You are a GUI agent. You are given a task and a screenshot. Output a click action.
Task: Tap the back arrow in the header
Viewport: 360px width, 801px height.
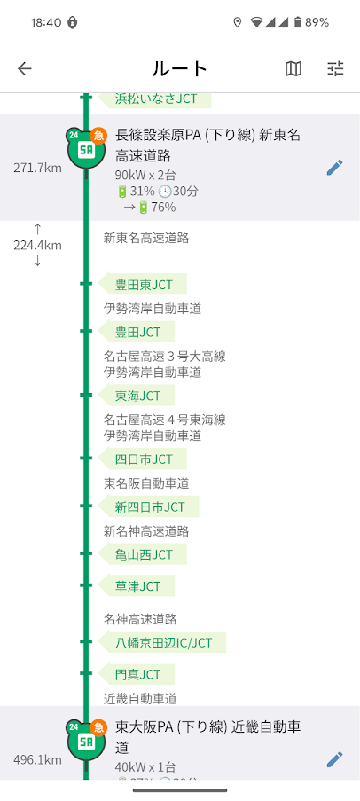click(x=25, y=68)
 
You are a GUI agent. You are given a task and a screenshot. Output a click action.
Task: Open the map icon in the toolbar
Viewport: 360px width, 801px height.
click(x=293, y=68)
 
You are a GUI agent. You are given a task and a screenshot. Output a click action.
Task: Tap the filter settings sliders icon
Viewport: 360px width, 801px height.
click(x=335, y=68)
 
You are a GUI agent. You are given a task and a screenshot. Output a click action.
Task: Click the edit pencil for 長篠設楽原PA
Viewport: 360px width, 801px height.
click(x=334, y=168)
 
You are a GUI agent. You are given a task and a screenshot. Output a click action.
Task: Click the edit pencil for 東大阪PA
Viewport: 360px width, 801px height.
click(x=334, y=758)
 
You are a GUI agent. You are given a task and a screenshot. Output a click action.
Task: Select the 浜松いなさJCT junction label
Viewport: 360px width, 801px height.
click(x=155, y=98)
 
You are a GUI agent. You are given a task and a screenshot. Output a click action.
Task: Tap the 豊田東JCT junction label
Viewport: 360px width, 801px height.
click(x=143, y=284)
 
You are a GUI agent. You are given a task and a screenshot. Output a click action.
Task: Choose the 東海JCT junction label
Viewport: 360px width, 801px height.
click(x=137, y=396)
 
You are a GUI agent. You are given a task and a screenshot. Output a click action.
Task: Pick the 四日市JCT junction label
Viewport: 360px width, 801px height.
click(x=143, y=459)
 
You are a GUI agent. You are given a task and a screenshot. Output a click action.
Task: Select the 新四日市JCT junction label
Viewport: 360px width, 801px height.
click(x=149, y=507)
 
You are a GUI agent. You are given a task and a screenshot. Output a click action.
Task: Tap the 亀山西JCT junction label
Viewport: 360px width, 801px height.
click(x=143, y=554)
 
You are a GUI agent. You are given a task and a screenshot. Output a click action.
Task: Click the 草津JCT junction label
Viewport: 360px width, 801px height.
click(x=137, y=585)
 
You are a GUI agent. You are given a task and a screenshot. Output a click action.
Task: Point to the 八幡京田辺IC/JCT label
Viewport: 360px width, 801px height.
click(x=162, y=642)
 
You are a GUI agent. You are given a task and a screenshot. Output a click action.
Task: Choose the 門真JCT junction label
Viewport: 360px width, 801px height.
click(x=137, y=674)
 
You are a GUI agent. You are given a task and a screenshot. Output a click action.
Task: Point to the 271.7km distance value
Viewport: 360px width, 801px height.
click(x=37, y=168)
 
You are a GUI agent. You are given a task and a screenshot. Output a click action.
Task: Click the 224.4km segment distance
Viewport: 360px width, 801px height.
click(x=37, y=245)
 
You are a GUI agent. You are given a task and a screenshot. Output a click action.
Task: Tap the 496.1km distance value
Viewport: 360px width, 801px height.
click(x=37, y=759)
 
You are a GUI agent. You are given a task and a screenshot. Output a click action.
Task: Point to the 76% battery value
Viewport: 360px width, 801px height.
click(x=163, y=207)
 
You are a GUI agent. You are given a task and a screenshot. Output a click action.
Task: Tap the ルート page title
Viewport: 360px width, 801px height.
click(x=180, y=69)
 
